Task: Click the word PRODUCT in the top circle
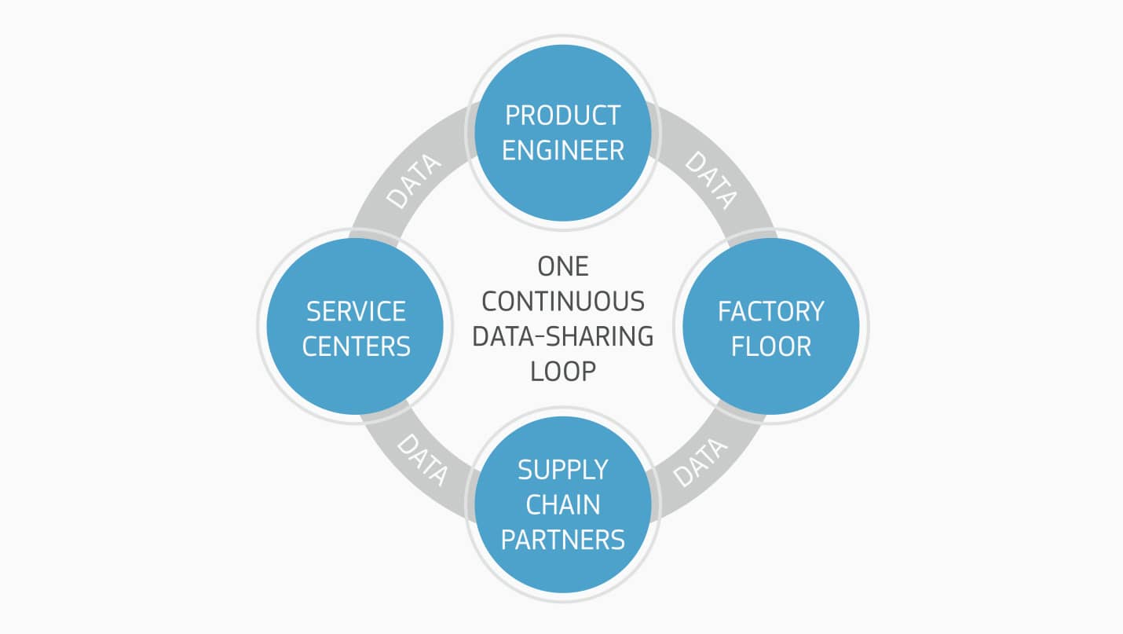click(562, 115)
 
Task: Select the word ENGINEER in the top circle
click(562, 150)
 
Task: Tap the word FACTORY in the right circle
click(770, 312)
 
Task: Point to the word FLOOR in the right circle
click(770, 346)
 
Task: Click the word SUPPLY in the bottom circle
click(562, 470)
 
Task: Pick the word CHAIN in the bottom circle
click(562, 504)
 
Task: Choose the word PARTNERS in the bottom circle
click(562, 540)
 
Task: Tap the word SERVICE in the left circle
click(356, 312)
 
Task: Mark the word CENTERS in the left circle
click(356, 346)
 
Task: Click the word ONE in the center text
click(562, 267)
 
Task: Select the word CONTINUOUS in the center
click(562, 302)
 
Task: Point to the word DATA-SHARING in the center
click(562, 336)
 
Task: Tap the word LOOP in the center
click(562, 371)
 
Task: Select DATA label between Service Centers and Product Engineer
click(415, 181)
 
